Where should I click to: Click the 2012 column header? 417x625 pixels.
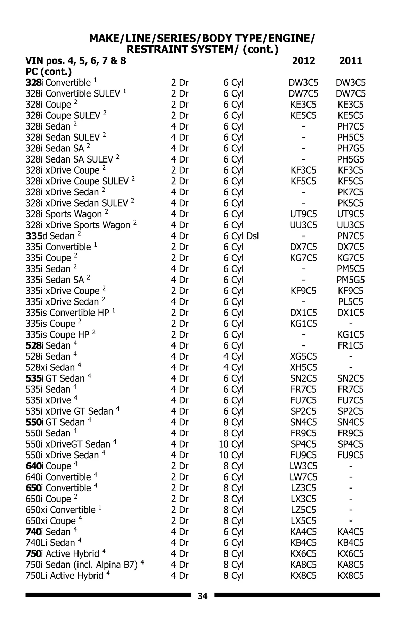click(303, 61)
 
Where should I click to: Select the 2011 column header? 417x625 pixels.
click(350, 61)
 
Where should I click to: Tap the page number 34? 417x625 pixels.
click(203, 596)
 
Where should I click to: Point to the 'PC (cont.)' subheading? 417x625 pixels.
click(49, 72)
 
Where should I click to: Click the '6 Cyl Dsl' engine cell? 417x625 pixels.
click(241, 236)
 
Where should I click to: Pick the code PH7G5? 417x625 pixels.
click(350, 149)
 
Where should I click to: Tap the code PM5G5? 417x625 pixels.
click(350, 280)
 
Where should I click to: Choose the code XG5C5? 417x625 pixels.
click(303, 357)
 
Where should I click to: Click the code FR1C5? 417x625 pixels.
click(350, 346)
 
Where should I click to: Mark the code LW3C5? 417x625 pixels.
click(303, 466)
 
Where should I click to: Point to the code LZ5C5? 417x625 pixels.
click(303, 510)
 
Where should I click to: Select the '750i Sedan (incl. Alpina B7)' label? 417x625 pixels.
click(82, 565)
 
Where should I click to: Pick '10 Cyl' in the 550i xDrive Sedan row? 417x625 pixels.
click(231, 455)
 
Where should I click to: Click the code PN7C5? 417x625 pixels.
click(350, 236)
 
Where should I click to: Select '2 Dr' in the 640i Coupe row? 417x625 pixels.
click(179, 466)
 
